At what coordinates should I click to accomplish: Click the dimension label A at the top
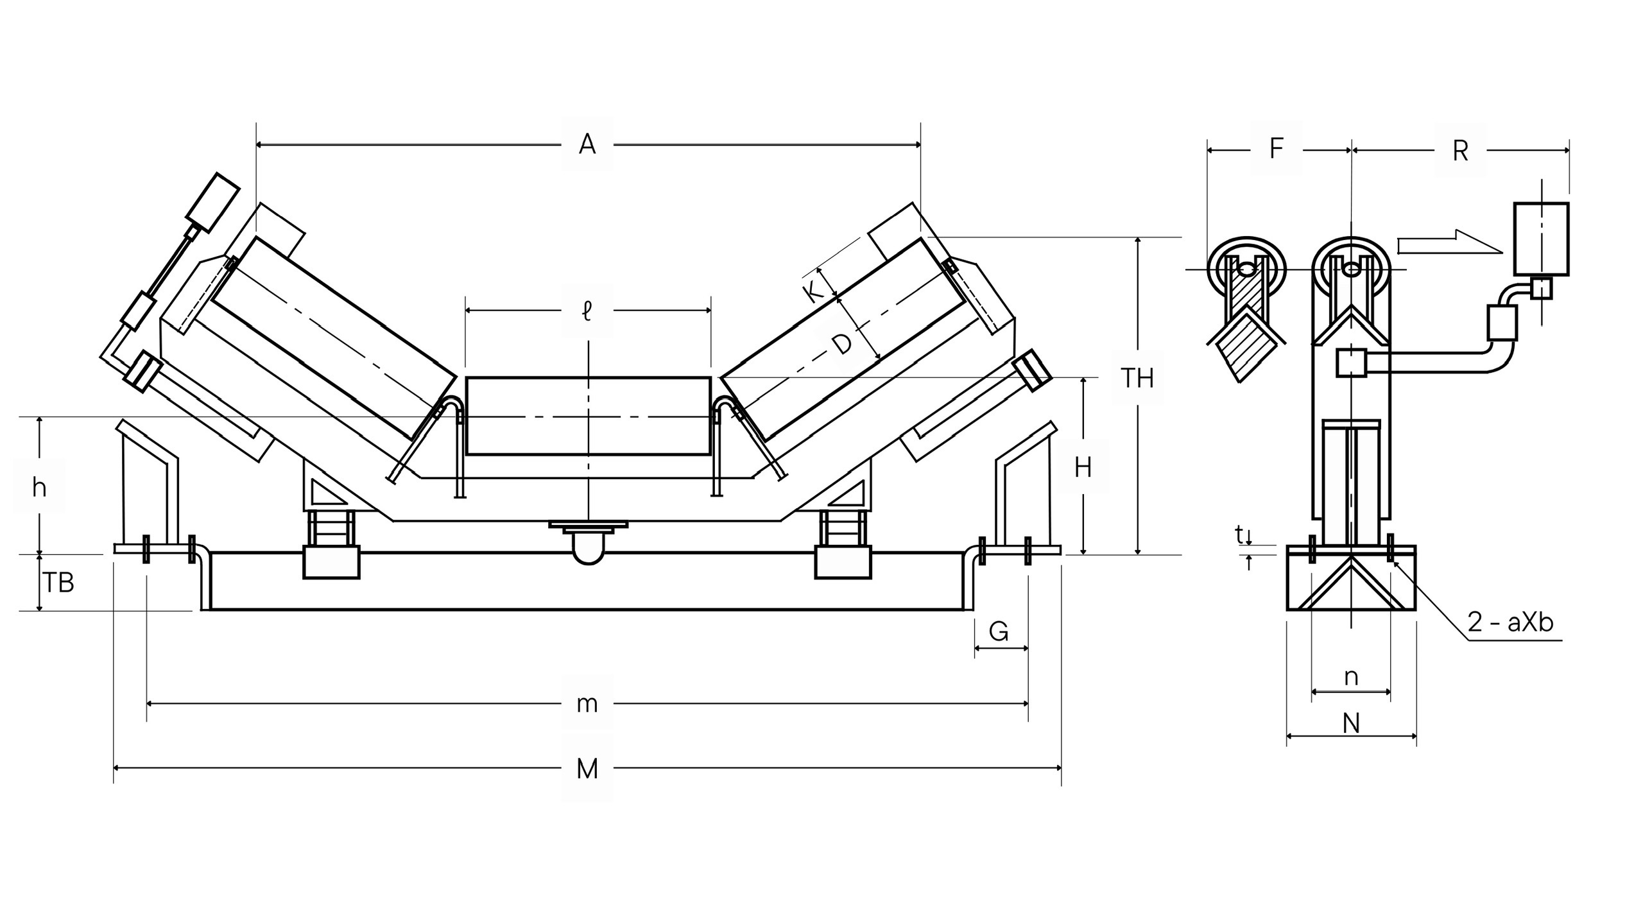coord(587,144)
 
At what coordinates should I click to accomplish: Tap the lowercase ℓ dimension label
coord(587,312)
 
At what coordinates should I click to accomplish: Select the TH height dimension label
coord(1137,378)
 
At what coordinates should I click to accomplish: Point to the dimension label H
coord(1083,468)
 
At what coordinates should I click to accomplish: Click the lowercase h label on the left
coord(39,488)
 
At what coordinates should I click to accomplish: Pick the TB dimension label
coord(58,583)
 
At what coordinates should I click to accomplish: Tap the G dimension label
coord(999,632)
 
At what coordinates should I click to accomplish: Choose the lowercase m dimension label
coord(587,704)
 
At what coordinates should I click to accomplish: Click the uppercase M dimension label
coord(587,768)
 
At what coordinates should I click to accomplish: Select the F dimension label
coord(1276,148)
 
